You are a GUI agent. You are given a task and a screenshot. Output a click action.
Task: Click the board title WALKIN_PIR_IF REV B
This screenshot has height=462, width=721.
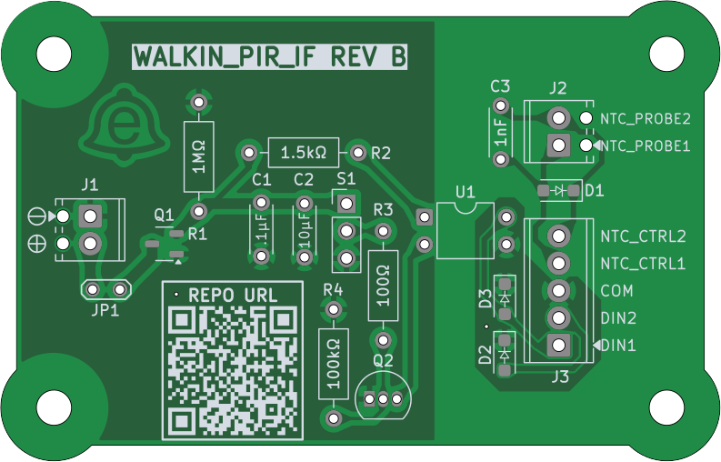point(269,57)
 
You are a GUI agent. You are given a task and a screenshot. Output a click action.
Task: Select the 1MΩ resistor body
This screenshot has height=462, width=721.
point(198,156)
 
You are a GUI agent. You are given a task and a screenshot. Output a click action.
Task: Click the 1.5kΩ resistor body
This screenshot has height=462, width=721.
point(303,151)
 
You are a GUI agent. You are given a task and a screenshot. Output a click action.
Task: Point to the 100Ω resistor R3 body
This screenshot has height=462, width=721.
point(383,284)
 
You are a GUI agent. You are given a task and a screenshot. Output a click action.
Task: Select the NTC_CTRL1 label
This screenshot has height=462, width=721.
point(643,264)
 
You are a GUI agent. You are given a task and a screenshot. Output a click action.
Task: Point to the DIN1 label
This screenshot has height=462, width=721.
point(618,346)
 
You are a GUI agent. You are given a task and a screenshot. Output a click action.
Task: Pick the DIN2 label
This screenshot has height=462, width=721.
point(618,318)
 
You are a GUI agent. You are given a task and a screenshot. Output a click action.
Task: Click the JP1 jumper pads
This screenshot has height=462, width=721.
point(105,290)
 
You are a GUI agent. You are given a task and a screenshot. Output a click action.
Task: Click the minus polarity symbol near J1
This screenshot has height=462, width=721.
point(37,216)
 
